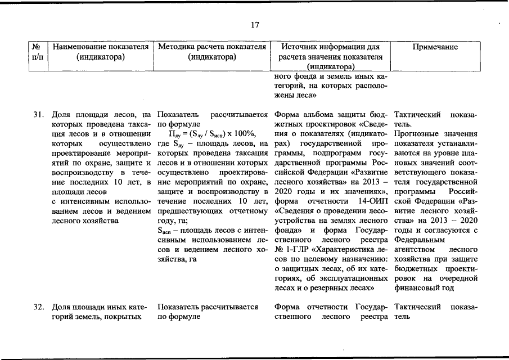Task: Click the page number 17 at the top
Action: click(254, 25)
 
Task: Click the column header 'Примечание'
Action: click(435, 47)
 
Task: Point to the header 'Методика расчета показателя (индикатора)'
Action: click(211, 52)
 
